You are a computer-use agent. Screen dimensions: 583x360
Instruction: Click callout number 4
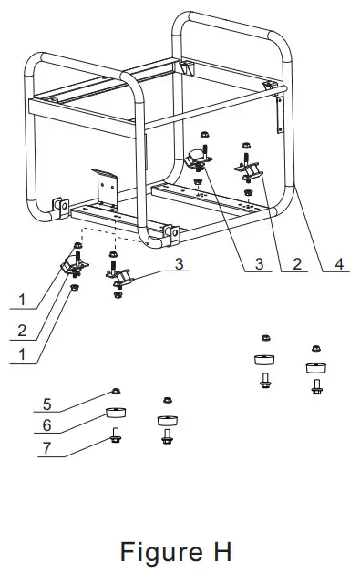(x=339, y=265)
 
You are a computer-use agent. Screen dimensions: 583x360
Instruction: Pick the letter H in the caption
(x=218, y=551)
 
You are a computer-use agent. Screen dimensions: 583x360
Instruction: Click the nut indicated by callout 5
(x=116, y=392)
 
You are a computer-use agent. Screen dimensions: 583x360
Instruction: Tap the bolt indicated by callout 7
(x=116, y=436)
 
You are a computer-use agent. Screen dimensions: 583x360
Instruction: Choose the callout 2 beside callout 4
(x=296, y=265)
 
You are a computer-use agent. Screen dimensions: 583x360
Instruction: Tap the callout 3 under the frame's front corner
(x=180, y=263)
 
